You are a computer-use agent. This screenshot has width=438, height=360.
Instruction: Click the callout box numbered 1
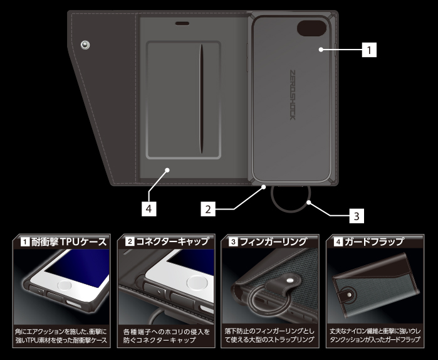click(369, 50)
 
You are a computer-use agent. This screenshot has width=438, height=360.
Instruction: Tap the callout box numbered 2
click(208, 209)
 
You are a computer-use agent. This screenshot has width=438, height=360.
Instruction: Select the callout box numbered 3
click(357, 216)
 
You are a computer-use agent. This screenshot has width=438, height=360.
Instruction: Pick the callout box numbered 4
click(149, 209)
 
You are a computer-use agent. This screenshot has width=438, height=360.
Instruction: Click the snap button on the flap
click(85, 45)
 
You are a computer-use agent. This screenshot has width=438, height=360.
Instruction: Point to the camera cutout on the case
click(311, 28)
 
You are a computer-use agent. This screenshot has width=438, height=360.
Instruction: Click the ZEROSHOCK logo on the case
click(292, 95)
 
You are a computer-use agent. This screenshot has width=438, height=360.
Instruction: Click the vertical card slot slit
click(201, 98)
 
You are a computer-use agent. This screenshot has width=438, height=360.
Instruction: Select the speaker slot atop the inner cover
click(182, 23)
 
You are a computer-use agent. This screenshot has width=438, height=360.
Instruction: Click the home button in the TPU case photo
click(65, 285)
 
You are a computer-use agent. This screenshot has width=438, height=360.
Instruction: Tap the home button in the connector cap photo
click(197, 283)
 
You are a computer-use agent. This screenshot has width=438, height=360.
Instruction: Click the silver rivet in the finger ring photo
click(291, 280)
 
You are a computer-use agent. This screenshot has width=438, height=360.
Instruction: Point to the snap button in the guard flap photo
click(349, 295)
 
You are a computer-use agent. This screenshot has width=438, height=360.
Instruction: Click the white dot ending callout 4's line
click(167, 170)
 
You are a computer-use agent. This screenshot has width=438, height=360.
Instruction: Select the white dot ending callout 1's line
click(321, 50)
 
